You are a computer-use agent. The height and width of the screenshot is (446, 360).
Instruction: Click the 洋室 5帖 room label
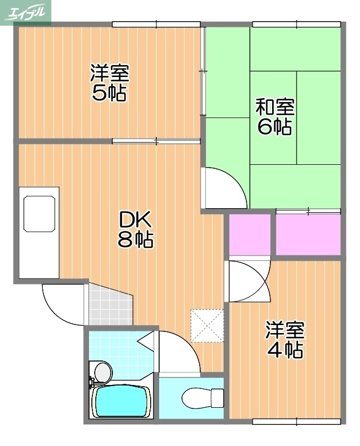click(x=109, y=83)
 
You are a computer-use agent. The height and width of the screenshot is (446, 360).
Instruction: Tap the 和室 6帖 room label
click(x=274, y=116)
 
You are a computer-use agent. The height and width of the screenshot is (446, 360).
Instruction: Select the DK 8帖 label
click(x=135, y=229)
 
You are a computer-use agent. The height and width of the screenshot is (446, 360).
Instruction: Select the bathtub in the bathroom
click(x=121, y=402)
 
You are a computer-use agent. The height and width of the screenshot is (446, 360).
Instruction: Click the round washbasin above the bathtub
click(x=102, y=372)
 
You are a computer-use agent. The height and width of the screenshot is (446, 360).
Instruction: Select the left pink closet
click(x=249, y=234)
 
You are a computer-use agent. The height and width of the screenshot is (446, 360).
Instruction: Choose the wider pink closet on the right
click(x=308, y=234)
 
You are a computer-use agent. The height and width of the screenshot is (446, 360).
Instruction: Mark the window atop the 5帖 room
click(x=157, y=24)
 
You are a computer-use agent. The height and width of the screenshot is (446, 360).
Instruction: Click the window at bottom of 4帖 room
click(x=297, y=421)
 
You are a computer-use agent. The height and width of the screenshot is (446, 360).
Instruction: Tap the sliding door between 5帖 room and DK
click(x=156, y=140)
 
